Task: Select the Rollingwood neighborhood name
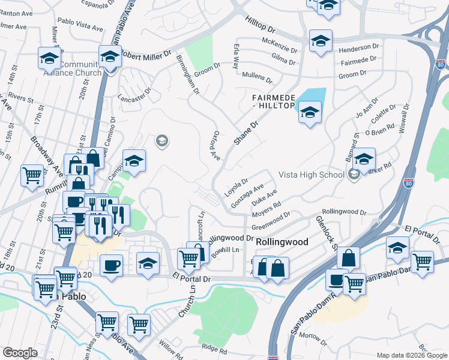[x=282, y=241]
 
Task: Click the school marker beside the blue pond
[x=310, y=112]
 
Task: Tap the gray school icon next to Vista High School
[x=354, y=175]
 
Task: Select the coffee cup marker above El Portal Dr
[x=112, y=265]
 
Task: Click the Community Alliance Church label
[x=72, y=68]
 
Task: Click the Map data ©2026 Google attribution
[x=412, y=355]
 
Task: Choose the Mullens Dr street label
[x=258, y=75]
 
